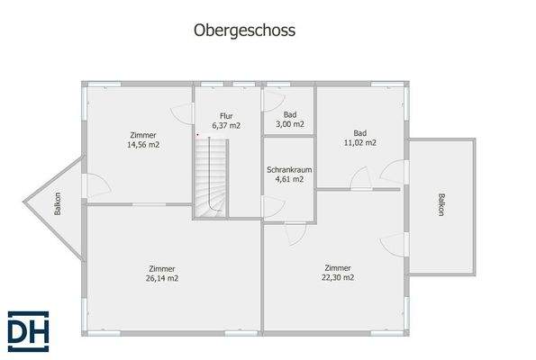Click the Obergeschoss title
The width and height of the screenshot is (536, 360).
coord(245,30)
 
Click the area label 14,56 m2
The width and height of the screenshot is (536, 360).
coord(143,144)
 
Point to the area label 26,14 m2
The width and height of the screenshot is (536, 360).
coord(163,279)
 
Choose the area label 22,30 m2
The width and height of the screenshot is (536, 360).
coord(338,278)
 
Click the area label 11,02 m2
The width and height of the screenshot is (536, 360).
coord(360,142)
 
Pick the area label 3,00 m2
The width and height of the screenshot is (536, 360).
coord(290,124)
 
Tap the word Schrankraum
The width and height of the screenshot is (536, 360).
coord(289,169)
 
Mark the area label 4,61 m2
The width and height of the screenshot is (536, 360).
coord(289,179)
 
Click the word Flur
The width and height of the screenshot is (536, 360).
coord(226,115)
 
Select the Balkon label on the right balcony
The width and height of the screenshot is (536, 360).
coord(441,205)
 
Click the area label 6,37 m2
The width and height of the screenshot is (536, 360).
coord(226,125)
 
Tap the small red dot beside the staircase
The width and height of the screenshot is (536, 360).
coord(197,135)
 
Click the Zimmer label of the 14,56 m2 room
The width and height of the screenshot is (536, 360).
coord(143,134)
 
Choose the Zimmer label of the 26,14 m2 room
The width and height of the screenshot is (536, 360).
coord(163,268)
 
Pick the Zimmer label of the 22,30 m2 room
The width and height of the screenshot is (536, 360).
coord(338,267)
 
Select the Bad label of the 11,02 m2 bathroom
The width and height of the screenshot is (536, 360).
coord(360,131)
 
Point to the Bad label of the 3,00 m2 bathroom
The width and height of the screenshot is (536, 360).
coord(290,114)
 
